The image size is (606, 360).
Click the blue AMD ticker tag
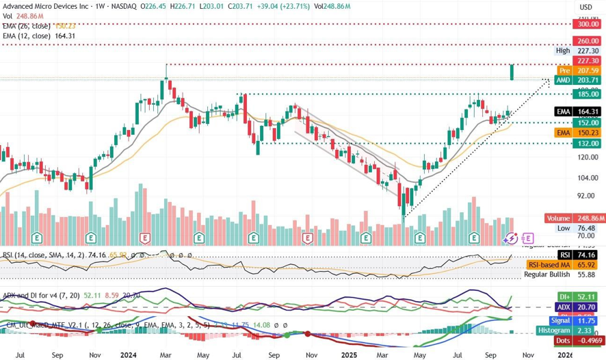563,80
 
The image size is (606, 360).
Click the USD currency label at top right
585,7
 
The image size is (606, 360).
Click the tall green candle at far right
512,72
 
